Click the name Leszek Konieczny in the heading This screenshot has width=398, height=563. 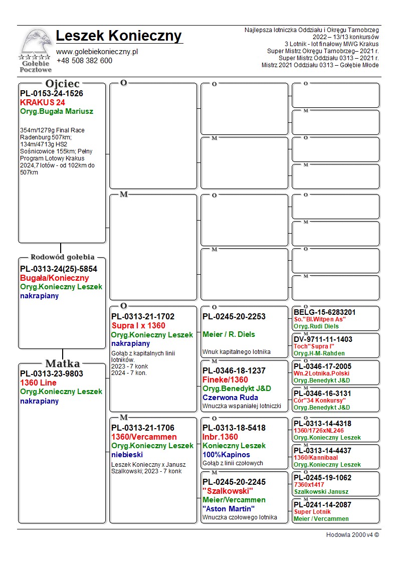(119, 36)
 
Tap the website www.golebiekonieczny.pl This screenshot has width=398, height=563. (97, 52)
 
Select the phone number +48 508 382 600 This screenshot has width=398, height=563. (84, 61)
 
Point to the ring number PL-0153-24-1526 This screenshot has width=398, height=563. (52, 93)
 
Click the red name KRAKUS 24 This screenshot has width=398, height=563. (43, 102)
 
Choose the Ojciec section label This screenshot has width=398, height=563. (62, 84)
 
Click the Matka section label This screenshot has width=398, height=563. (63, 363)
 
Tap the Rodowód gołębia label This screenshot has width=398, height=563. (63, 257)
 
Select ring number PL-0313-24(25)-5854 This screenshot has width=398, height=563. (59, 269)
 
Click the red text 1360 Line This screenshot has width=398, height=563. (38, 383)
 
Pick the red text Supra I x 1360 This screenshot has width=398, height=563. (138, 326)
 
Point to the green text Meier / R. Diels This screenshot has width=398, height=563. (229, 334)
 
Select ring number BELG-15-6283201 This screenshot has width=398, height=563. (325, 312)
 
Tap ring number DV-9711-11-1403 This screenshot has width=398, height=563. (323, 339)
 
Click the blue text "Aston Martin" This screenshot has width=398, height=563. (229, 509)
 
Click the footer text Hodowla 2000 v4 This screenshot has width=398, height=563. (352, 535)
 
